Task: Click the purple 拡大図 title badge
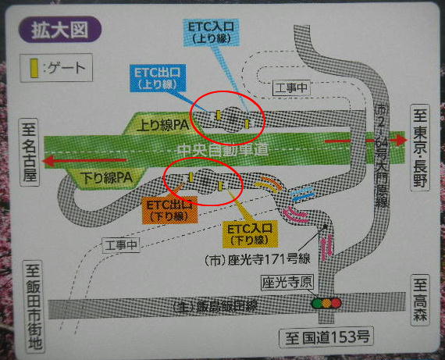(x=55, y=31)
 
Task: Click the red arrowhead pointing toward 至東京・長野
(x=400, y=140)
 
